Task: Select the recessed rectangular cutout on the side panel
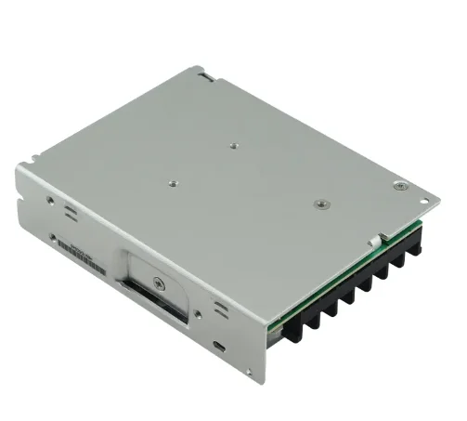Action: [x=153, y=288]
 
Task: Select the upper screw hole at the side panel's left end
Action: [x=45, y=198]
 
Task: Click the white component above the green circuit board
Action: [x=374, y=239]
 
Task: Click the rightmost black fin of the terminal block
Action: [x=414, y=243]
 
